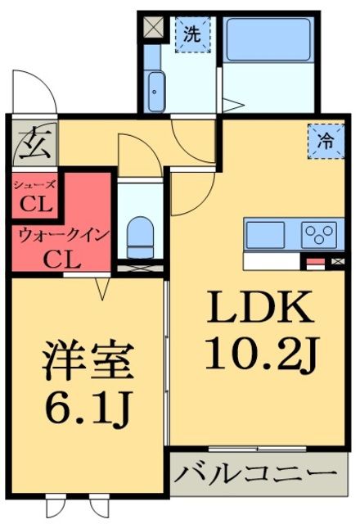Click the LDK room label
260,309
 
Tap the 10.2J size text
260,354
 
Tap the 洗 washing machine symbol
191,34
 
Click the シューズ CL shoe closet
34,195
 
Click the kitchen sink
264,233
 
